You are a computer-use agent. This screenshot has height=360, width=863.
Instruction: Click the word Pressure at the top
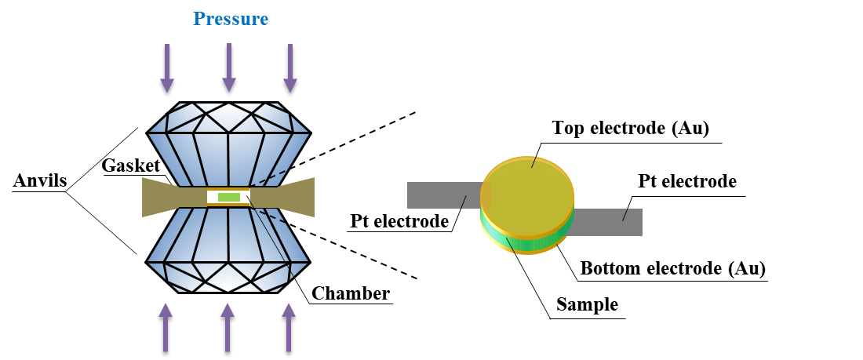231,19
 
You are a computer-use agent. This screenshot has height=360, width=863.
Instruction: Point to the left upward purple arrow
166,327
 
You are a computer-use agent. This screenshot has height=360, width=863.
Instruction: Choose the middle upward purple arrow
228,327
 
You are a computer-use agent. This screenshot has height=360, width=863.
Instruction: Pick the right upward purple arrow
289,327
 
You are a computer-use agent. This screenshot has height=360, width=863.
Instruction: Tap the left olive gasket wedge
161,197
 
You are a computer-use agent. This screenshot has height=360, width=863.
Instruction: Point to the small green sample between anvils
229,198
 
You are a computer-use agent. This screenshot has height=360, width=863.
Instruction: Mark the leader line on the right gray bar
625,214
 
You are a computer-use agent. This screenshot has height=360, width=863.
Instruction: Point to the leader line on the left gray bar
464,202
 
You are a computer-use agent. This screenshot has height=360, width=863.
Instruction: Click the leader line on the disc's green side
510,245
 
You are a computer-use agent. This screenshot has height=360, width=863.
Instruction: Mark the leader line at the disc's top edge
534,162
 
